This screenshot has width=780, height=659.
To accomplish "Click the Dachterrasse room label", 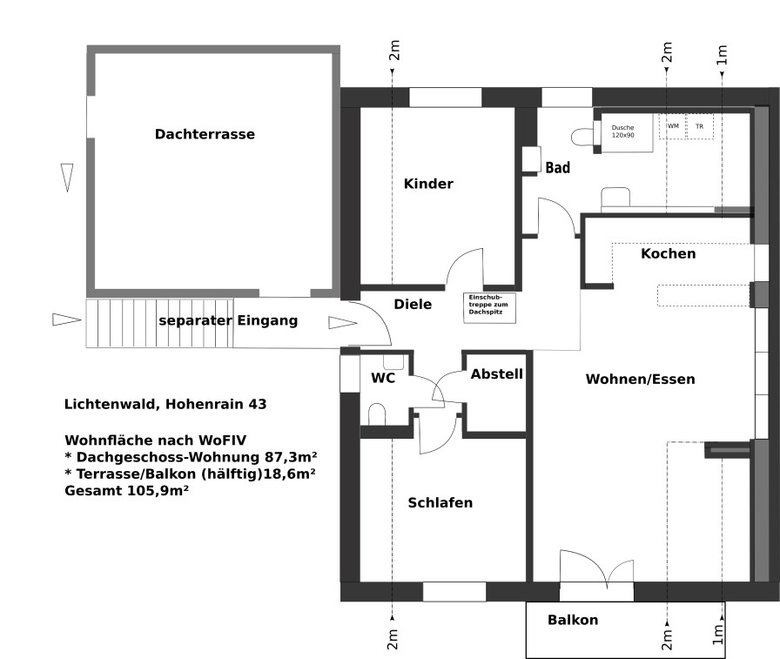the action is click(x=205, y=134).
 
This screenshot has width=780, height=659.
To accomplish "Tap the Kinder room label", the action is click(x=428, y=184).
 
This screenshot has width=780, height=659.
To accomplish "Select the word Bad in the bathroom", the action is click(x=558, y=168).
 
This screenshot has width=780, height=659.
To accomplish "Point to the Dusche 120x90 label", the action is click(x=622, y=131).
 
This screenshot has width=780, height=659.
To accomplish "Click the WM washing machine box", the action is click(x=673, y=126).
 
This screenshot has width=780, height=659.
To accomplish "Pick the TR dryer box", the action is click(x=699, y=126).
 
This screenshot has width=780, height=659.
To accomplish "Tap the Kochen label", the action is click(x=668, y=253).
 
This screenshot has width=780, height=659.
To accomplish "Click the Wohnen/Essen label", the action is click(x=640, y=380).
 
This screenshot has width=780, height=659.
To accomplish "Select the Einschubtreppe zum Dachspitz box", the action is click(x=489, y=307).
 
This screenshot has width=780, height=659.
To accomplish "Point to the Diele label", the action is click(x=413, y=305).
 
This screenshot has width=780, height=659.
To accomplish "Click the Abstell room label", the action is click(x=497, y=374).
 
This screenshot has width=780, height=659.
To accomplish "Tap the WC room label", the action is click(x=383, y=378).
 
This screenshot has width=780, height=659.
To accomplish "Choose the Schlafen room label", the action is click(x=440, y=503).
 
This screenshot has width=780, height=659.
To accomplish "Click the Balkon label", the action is click(x=573, y=620).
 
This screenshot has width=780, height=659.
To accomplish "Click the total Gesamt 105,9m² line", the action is click(x=126, y=491).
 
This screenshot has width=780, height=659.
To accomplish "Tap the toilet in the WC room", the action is click(x=377, y=414).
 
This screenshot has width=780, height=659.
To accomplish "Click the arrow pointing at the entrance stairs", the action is click(x=67, y=319).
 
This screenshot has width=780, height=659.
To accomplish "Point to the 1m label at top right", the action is click(x=722, y=55).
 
